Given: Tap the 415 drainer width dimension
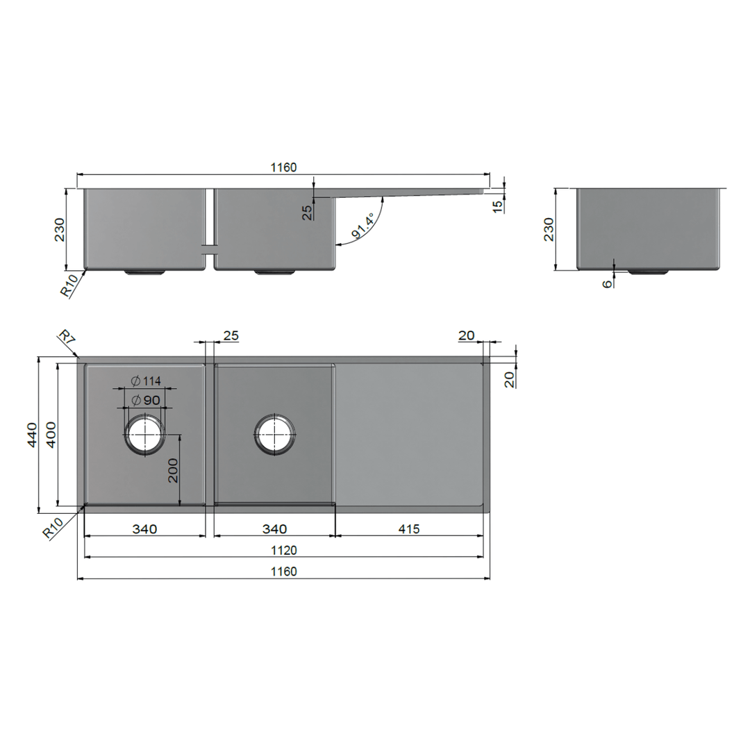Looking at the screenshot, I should pos(409,528).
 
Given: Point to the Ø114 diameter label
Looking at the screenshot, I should pos(146,381).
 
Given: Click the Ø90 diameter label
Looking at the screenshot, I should pos(146,400).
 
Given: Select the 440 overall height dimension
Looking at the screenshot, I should pos(32,435).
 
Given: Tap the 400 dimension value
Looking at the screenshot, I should pos(51,435).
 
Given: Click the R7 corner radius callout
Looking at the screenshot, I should pos(66,340).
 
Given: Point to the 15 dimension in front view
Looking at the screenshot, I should pos(497,206).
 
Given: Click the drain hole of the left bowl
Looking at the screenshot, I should pos(144,435).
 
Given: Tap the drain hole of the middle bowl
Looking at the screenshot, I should pos(276,434).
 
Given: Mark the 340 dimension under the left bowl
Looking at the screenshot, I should pos(144,528).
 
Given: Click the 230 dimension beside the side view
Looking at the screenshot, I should pos(549,228).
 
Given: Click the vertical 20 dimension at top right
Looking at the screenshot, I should pos(510,379).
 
